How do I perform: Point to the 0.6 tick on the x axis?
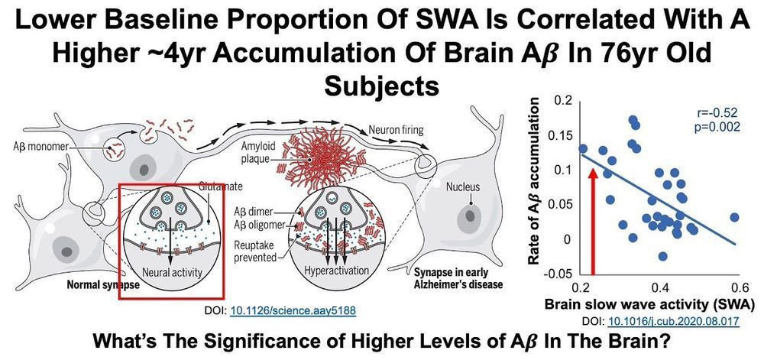click(739, 287)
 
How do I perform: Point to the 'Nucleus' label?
click(464, 186)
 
